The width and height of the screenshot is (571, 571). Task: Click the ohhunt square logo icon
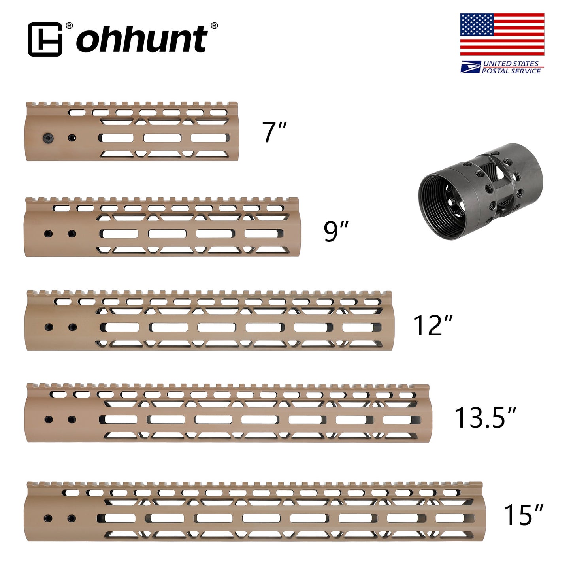[45, 39]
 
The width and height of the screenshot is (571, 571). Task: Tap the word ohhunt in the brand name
[141, 39]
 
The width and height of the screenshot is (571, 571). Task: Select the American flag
[502, 34]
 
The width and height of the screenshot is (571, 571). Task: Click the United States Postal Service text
[511, 67]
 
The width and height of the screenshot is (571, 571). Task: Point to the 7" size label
[274, 132]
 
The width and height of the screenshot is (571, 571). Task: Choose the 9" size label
[336, 231]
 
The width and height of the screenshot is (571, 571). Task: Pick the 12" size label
[432, 326]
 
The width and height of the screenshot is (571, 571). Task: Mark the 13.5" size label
[485, 417]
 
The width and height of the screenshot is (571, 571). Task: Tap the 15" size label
[523, 514]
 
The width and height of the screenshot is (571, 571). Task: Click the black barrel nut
[481, 191]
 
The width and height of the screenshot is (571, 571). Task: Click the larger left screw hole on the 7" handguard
[47, 138]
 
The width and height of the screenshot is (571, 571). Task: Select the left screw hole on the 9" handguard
[48, 234]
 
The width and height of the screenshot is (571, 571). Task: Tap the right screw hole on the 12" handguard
[72, 327]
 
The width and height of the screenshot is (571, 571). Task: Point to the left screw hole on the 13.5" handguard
[49, 419]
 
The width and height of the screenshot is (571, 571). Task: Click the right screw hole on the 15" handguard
[72, 518]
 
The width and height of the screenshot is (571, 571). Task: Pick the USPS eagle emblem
[470, 67]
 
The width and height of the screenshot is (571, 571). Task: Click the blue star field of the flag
[477, 24]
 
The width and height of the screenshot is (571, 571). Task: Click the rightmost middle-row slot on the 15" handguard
[454, 518]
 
